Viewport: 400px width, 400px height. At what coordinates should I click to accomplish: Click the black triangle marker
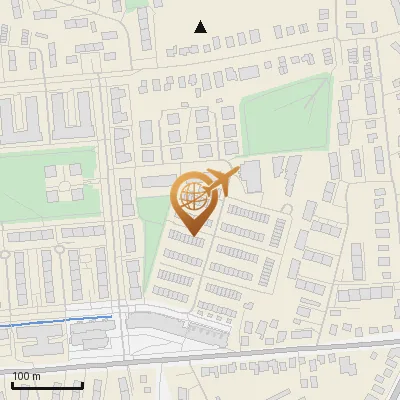point(201,27)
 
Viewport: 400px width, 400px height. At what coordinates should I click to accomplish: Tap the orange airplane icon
point(222,183)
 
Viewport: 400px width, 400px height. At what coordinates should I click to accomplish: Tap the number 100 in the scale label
point(24,376)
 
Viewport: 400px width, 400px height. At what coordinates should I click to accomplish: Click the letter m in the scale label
point(37,376)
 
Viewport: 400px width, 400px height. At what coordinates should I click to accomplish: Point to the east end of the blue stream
point(112,317)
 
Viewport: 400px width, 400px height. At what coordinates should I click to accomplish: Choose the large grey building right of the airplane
point(251,176)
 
